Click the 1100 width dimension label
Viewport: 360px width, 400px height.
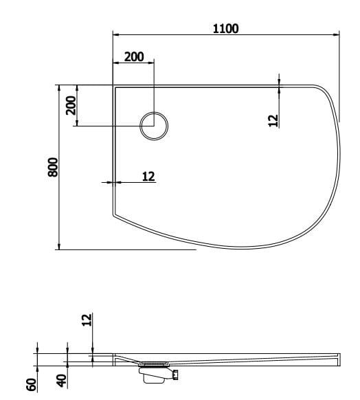(x=225, y=28)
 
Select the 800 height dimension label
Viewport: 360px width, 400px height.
(x=53, y=167)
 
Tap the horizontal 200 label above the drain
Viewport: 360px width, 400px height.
(x=133, y=57)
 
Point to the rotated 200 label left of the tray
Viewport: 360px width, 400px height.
(x=70, y=105)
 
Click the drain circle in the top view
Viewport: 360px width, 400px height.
(x=154, y=126)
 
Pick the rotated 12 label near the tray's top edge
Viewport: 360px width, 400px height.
(x=273, y=120)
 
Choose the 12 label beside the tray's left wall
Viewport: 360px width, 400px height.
(x=148, y=176)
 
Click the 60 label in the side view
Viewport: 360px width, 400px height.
(x=30, y=384)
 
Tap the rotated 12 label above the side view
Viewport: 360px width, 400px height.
(x=86, y=320)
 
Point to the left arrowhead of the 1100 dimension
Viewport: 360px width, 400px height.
(x=115, y=34)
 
